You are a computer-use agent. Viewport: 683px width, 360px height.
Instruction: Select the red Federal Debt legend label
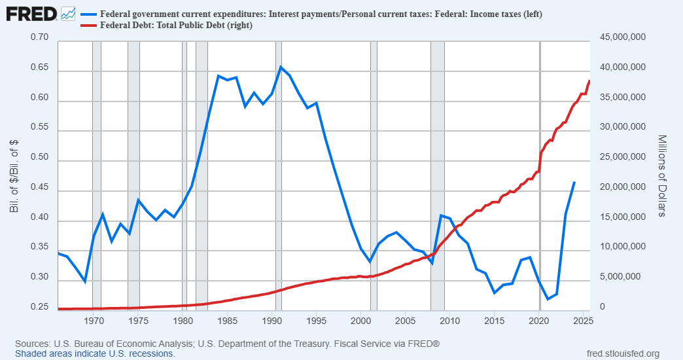point(176,26)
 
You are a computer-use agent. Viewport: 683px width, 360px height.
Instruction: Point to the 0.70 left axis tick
point(40,37)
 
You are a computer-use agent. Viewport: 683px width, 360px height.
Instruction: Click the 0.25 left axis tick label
point(40,307)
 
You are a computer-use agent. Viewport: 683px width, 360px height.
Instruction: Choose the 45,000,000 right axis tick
point(622,37)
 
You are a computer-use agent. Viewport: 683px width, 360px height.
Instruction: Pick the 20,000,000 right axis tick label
point(622,187)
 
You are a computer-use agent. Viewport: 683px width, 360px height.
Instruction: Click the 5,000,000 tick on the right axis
point(625,277)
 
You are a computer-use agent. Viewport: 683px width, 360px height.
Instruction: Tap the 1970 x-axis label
point(93,321)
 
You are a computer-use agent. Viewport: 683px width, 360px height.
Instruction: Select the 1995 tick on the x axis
point(316,321)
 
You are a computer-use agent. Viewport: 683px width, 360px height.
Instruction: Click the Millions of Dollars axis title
point(661,175)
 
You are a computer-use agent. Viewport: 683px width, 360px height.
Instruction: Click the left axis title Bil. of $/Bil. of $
point(14,175)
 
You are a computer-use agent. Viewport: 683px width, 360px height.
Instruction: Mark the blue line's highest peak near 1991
point(281,67)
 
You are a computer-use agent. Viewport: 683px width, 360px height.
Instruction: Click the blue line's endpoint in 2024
point(574,182)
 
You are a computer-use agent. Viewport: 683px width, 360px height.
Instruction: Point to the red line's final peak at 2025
point(589,81)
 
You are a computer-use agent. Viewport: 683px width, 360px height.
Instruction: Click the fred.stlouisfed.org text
point(623,353)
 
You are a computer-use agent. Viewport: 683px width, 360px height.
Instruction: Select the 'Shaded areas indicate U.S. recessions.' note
point(95,353)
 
